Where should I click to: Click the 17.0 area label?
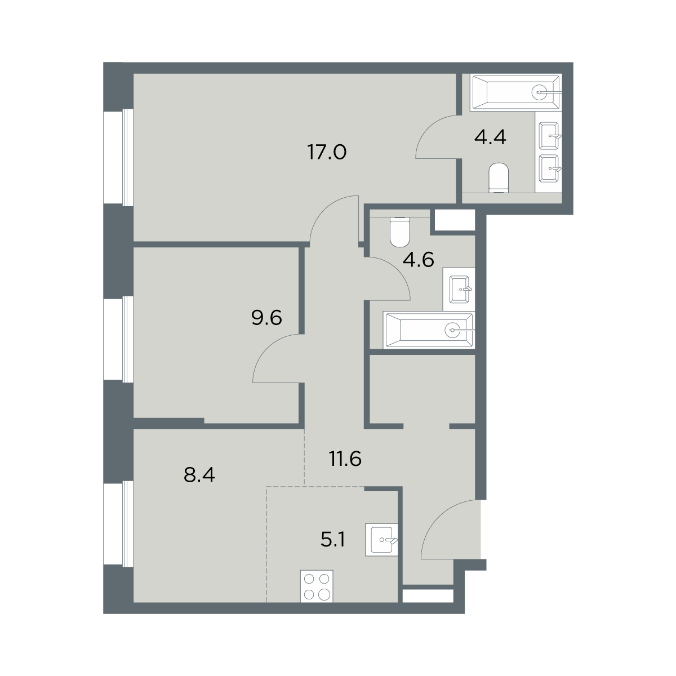click(x=327, y=153)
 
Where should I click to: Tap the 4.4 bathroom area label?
click(x=490, y=137)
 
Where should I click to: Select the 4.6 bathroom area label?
click(x=419, y=260)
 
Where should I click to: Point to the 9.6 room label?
click(x=266, y=318)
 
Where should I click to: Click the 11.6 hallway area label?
click(x=345, y=459)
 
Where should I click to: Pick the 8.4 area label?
click(x=199, y=475)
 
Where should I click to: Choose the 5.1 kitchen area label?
click(x=333, y=540)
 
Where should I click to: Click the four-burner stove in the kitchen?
click(x=317, y=586)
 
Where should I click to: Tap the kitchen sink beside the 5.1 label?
click(x=381, y=540)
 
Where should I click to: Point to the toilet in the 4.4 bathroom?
click(x=499, y=177)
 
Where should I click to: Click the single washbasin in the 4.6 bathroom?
click(x=459, y=289)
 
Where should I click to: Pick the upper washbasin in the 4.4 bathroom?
click(x=549, y=135)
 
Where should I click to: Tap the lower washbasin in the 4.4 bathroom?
click(x=549, y=169)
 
